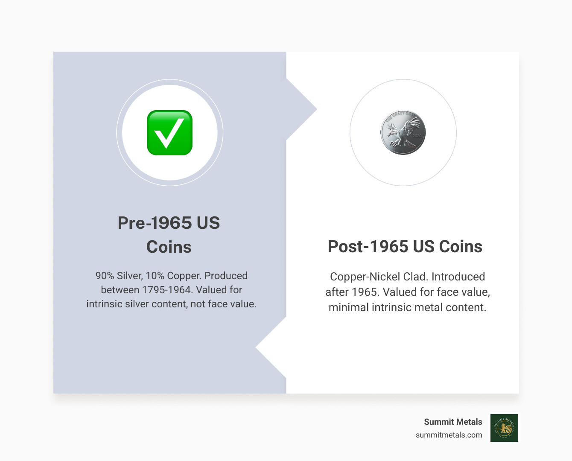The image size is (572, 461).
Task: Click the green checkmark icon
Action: click(169, 133)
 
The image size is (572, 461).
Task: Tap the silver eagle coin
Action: click(403, 132)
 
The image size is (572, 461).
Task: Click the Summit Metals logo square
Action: click(504, 428)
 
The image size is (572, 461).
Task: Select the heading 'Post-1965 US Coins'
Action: click(405, 246)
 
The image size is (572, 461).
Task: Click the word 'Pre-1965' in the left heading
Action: click(155, 223)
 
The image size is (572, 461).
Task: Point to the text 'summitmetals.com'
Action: click(449, 435)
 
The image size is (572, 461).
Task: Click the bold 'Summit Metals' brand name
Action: click(453, 422)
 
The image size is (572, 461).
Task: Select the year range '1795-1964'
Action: click(166, 290)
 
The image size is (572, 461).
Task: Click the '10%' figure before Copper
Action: click(155, 276)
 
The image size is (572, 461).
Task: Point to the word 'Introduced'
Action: click(458, 277)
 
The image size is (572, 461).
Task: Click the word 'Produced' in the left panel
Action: click(226, 276)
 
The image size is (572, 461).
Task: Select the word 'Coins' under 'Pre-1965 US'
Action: click(169, 247)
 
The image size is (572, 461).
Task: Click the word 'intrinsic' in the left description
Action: click(105, 304)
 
